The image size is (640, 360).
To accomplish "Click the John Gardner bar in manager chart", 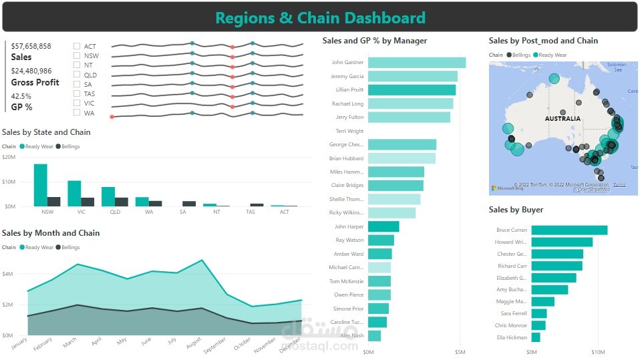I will coord(416,63).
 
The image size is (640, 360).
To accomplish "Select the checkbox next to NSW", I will coord(77,56).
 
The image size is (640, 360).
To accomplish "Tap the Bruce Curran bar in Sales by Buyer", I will coord(569,230).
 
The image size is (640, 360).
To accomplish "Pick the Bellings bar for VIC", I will coord(88,202).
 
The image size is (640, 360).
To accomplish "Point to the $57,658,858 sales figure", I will coord(31,46).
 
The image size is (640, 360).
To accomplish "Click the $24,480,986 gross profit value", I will coord(31,71).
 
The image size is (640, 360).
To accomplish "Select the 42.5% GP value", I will coord(21,96).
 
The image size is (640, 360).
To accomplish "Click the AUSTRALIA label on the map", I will coord(563,119).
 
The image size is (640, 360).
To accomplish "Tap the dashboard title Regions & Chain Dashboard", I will coord(320,18).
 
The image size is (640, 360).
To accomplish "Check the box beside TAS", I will coord(77,94).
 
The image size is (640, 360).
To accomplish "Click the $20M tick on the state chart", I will coord(9,158).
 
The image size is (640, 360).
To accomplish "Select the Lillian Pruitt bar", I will coord(412,90).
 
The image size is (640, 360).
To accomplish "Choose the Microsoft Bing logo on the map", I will coord(506,188).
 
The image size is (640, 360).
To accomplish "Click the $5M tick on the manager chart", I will coord(460,351).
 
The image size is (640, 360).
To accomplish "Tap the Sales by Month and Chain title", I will coord(51,233).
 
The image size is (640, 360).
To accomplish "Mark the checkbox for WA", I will coord(77,113).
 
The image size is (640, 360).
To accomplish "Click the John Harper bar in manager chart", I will coord(383,226).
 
